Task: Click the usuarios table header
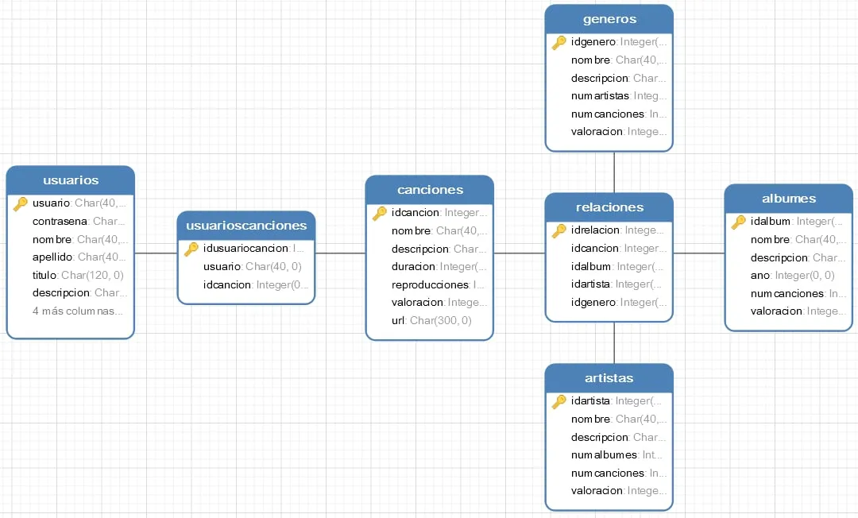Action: (71, 180)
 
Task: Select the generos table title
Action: (609, 19)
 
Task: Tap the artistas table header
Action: (609, 377)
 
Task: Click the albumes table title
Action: (789, 198)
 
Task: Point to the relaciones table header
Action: (609, 207)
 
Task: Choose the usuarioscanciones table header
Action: (246, 225)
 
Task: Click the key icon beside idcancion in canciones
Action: (380, 213)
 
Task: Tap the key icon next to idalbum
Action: (739, 222)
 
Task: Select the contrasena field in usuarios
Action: (62, 221)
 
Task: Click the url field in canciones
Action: (399, 320)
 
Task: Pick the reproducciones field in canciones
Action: (430, 284)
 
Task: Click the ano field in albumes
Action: (760, 275)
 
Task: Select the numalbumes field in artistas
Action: (604, 454)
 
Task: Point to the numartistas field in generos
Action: (601, 95)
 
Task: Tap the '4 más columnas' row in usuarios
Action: (77, 311)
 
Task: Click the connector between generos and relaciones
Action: (615, 172)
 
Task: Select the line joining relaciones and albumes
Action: (698, 253)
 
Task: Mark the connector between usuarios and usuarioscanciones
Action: (155, 253)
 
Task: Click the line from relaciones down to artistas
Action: (615, 342)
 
